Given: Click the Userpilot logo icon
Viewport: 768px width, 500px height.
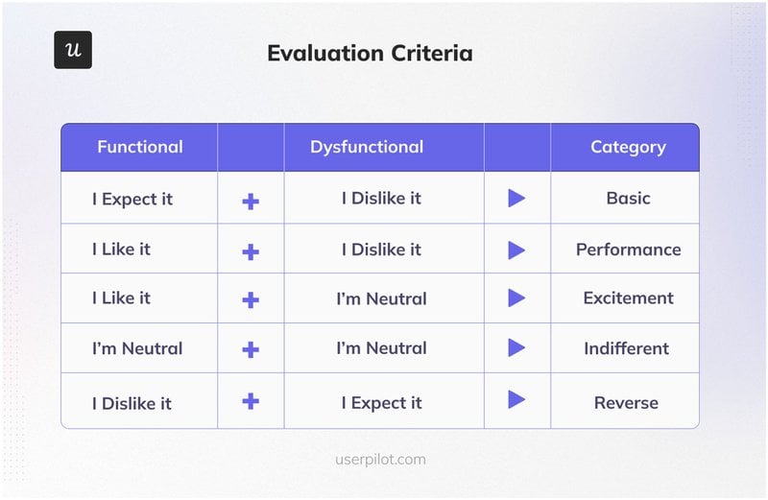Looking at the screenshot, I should pos(73,50).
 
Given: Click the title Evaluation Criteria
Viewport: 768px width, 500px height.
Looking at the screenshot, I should pos(370,53).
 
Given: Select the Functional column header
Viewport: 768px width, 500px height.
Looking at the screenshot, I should pos(139,147).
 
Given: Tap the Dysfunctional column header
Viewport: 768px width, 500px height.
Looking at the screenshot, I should pos(366,147).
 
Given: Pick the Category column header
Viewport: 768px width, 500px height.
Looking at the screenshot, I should pos(628,147).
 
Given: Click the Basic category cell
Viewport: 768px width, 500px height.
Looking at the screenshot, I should pos(628,199).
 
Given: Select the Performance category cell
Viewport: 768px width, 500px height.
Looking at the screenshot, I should pos(628,250).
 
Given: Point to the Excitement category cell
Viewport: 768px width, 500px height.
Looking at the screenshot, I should pos(628,298).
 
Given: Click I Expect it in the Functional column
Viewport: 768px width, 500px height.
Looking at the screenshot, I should pos(132,199).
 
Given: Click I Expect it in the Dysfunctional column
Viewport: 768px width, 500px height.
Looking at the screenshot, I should pos(381,402).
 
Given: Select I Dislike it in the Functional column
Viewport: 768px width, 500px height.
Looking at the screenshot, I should pos(132,402).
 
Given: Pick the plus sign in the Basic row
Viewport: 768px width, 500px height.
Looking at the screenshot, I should pos(251,201).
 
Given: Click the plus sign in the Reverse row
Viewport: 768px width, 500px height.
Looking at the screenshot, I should pos(251,400).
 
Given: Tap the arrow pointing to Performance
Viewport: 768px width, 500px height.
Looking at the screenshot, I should pos(516,250).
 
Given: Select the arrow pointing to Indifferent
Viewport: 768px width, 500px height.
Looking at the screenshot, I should pos(516,348).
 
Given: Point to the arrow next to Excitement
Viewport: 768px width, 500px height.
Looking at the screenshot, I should pos(516,298).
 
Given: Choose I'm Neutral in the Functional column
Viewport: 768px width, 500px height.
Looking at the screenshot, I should pos(137,348).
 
